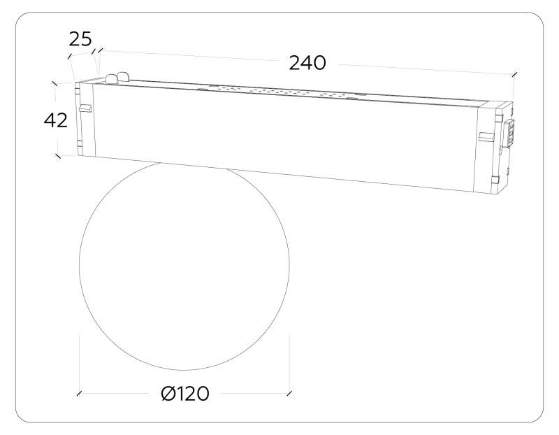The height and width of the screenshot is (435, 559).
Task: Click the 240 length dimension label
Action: [x=307, y=62]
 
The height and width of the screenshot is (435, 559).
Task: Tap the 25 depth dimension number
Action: [x=80, y=38]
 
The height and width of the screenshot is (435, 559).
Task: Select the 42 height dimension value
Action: [x=56, y=120]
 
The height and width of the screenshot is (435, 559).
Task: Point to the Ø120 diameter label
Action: [x=184, y=394]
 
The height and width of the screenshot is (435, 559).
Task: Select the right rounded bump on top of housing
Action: [x=126, y=76]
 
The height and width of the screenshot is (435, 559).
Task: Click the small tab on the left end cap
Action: [x=85, y=108]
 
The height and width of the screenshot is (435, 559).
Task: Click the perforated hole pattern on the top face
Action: [x=279, y=92]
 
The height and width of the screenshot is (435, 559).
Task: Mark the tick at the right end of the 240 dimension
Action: [x=514, y=73]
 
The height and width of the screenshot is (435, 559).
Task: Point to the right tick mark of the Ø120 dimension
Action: [x=289, y=394]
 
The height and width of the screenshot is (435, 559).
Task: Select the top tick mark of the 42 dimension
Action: [x=55, y=82]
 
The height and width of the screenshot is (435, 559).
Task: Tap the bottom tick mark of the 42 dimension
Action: [x=57, y=157]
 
